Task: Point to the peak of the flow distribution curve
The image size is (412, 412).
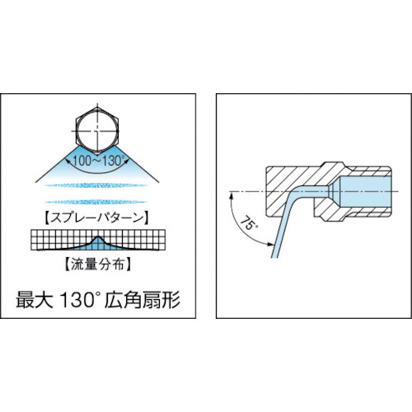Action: click(x=99, y=237)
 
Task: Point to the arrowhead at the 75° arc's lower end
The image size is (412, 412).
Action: click(x=269, y=245)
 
